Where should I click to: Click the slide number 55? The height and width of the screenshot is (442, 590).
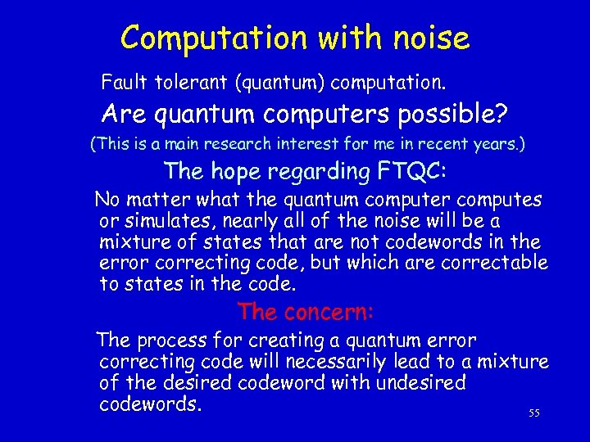534,413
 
